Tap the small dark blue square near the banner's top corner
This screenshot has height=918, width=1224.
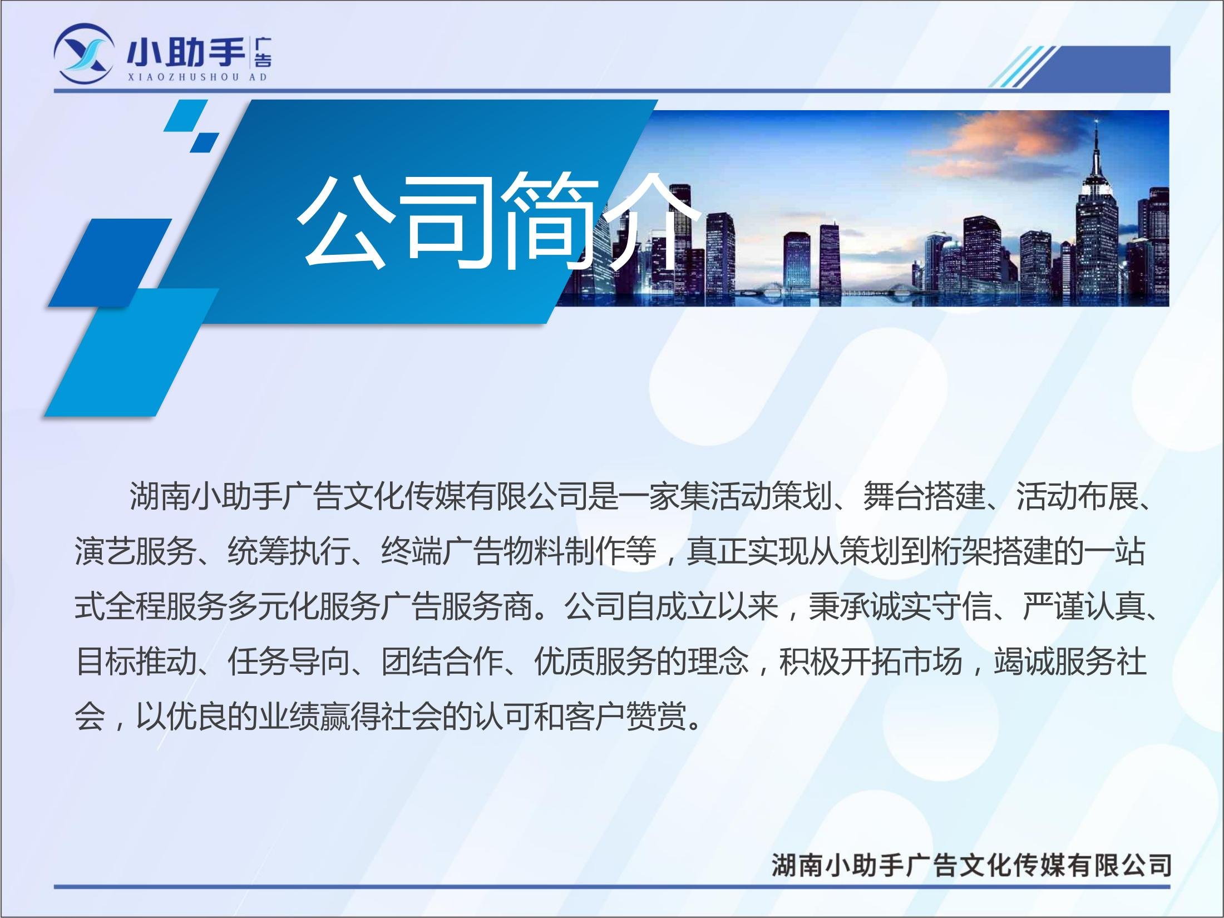point(204,142)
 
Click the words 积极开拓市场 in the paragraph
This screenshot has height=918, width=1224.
point(870,663)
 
